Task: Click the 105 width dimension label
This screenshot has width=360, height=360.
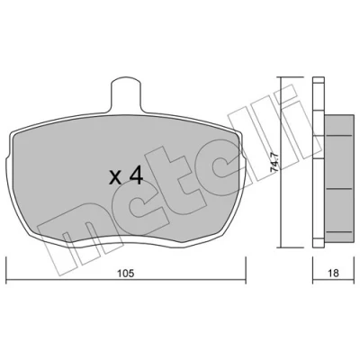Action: tap(125, 274)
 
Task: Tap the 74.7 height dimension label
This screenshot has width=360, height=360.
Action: tap(274, 162)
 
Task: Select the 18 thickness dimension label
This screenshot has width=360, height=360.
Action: tap(333, 273)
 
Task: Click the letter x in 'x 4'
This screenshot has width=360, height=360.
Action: tap(115, 177)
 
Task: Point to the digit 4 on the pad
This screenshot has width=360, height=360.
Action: tap(136, 175)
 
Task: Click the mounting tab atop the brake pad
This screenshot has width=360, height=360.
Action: tap(126, 94)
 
